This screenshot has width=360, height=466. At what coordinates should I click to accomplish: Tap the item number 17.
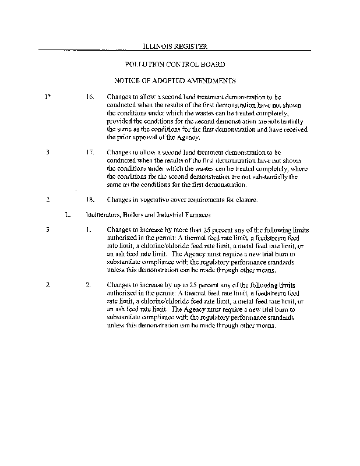(x=90, y=153)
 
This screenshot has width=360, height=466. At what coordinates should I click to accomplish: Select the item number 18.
(x=90, y=200)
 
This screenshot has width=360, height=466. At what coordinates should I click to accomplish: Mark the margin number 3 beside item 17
(x=47, y=153)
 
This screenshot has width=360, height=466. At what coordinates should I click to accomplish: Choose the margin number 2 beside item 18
(x=47, y=200)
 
